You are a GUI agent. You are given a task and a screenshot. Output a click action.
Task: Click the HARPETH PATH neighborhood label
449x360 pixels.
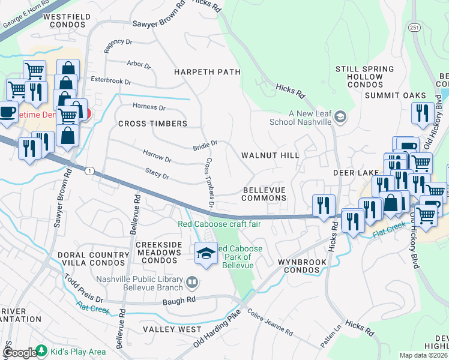tap(207, 72)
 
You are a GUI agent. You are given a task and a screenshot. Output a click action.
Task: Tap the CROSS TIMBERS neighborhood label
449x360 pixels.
tap(152, 124)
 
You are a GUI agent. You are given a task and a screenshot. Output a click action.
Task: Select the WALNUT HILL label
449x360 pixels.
tap(270, 155)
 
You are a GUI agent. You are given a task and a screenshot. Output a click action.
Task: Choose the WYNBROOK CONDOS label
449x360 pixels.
tap(302, 266)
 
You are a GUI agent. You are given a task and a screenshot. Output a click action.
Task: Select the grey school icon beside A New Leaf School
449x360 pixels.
tap(340, 116)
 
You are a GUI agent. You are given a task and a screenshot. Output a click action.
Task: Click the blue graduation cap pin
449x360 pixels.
tap(206, 253)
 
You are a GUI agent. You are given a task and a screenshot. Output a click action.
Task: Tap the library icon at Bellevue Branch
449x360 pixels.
tap(191, 281)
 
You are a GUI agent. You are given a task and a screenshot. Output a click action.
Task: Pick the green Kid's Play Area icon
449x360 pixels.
tap(42, 350)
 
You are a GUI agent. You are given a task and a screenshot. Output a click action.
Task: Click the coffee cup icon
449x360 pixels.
tap(7, 112)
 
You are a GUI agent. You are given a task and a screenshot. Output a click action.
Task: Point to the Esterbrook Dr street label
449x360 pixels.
tap(110, 80)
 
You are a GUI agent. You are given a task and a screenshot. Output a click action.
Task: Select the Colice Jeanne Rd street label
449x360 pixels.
tap(270, 322)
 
